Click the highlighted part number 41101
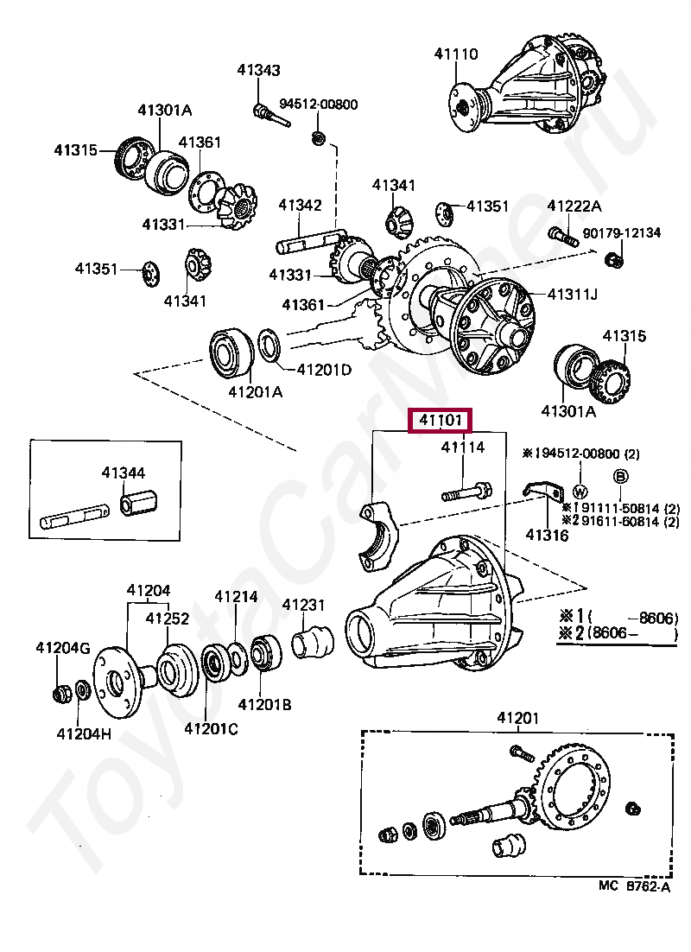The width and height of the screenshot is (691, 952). (441, 420)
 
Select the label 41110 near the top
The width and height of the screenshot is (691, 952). (456, 54)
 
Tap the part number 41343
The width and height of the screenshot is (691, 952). (258, 70)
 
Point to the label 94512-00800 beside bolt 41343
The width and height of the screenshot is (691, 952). (319, 105)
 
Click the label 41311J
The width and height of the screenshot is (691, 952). (573, 295)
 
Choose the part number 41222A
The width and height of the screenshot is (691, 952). (574, 206)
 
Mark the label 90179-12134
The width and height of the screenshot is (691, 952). (622, 232)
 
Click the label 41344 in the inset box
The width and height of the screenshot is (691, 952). (124, 473)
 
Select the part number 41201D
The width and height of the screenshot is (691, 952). (324, 370)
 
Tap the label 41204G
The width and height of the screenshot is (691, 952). (62, 649)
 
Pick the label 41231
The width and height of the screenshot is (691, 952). (303, 605)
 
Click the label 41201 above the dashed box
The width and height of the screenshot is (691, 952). (518, 718)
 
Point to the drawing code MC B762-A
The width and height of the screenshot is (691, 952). (635, 886)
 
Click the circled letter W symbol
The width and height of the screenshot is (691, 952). (580, 492)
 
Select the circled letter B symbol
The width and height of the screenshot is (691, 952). (621, 477)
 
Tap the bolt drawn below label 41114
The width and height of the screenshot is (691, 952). (467, 492)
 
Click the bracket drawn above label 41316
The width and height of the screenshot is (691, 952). (543, 491)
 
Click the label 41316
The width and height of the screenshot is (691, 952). (547, 535)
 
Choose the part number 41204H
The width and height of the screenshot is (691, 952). (84, 733)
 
